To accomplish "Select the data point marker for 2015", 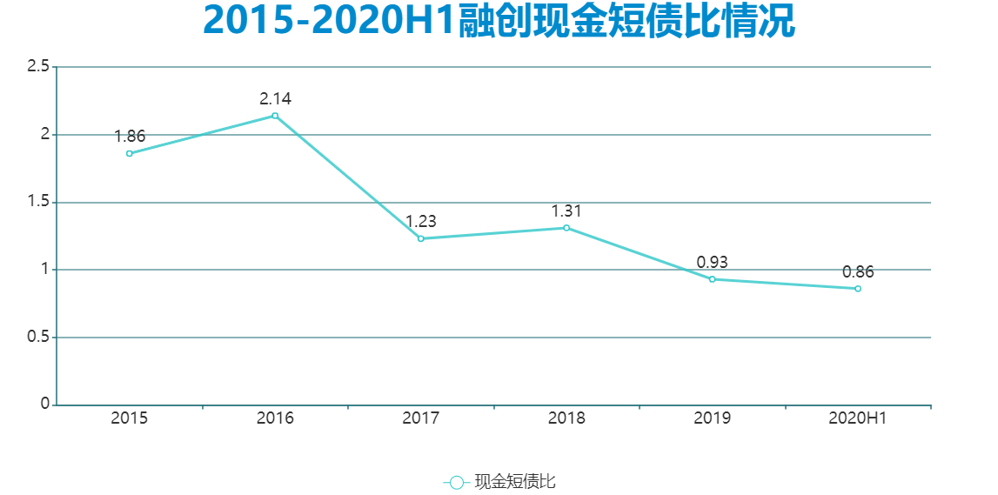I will click(130, 153).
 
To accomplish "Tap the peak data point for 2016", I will click(275, 116).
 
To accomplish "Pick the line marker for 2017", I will click(421, 238).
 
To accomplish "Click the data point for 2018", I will click(566, 228).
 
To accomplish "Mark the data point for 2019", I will click(712, 279).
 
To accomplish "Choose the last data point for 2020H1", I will click(858, 289).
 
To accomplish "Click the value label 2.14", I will click(275, 99).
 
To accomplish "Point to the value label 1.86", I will click(130, 137).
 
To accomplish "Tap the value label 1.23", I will click(421, 222).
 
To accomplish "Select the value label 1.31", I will click(566, 211).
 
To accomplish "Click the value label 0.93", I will click(712, 263).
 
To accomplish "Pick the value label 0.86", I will click(858, 272).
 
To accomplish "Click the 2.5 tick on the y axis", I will click(37, 67).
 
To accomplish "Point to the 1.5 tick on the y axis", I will click(37, 203).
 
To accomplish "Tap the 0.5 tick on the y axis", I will click(37, 338).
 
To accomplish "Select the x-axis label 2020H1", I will click(858, 418).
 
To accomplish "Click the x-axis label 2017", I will click(421, 418).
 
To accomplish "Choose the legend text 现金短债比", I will click(515, 482).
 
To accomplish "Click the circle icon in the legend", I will click(457, 482).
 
